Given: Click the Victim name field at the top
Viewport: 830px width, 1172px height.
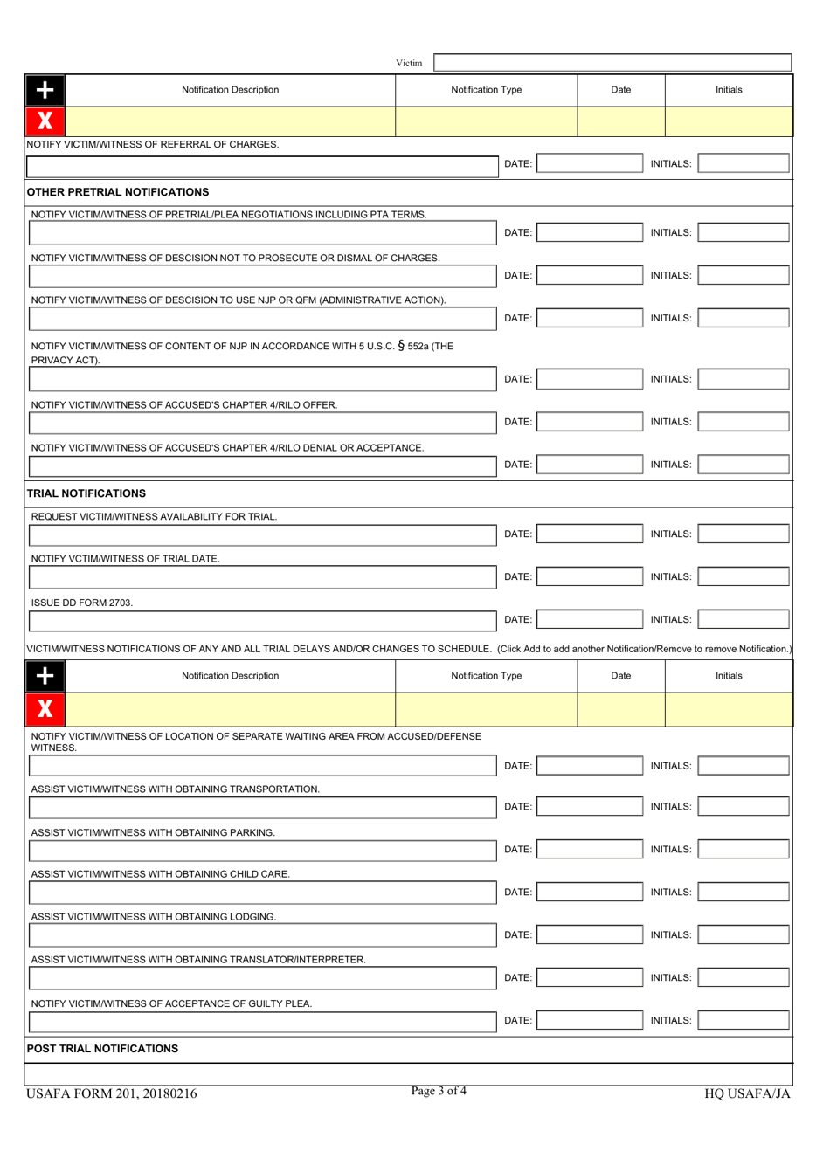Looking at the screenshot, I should coord(612,63).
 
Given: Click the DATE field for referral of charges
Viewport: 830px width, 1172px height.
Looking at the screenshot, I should coord(589,163).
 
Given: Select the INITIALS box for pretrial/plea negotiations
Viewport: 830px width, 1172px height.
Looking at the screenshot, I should coord(744,233).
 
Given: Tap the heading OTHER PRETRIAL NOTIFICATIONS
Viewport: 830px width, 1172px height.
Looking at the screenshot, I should coord(118,192).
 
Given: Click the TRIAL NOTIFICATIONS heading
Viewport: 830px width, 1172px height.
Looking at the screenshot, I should coord(86,493).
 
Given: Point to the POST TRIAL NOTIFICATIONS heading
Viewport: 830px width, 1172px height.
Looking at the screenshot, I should coord(102,1049).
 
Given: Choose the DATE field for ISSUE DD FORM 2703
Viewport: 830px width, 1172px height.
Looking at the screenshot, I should coord(589,620).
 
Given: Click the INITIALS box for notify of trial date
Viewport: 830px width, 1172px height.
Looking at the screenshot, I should coord(744,577).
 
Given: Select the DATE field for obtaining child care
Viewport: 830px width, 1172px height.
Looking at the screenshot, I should coord(589,893).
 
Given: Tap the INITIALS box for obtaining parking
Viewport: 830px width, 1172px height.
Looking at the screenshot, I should coord(744,850).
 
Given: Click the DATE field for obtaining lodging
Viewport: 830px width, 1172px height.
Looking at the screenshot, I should coord(589,935).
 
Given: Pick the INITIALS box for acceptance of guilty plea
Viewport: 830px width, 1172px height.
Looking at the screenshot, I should coord(744,1021).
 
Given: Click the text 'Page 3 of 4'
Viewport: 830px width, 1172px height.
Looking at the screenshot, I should coord(439,1091).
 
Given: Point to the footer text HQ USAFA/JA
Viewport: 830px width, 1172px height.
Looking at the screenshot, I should coord(747,1094).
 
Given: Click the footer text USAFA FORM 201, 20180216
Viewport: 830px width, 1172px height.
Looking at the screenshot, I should coord(112,1094).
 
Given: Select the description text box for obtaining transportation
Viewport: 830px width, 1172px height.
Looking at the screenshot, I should coord(262,808).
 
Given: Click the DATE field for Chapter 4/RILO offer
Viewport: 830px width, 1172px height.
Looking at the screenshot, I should coord(589,422).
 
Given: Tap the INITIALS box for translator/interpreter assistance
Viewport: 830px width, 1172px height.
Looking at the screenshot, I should coord(744,978).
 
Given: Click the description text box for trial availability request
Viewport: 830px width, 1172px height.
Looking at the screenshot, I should coord(262,534).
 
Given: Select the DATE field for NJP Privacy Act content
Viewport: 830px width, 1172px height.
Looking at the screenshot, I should coord(589,379).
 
